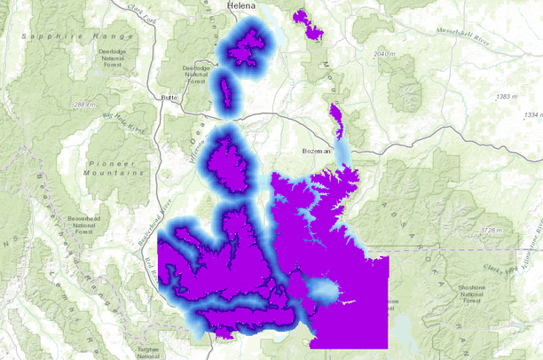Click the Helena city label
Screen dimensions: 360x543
(x=229, y=6)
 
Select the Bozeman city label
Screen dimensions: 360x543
(x=316, y=151)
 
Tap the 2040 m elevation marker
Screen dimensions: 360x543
(x=383, y=55)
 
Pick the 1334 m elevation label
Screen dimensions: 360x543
(x=532, y=115)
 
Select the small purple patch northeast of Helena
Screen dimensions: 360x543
(x=309, y=25)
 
